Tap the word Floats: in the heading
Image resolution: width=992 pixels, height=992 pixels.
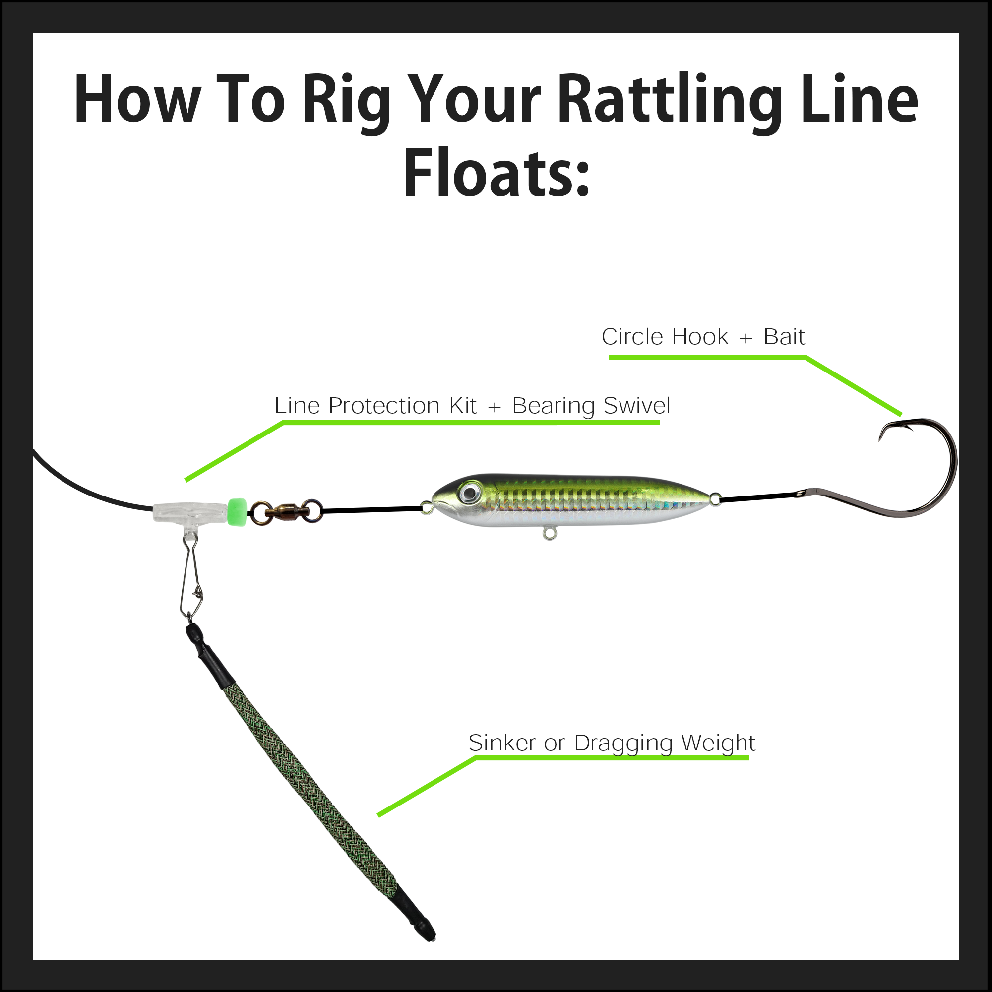(x=496, y=174)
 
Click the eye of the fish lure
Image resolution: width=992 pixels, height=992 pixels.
(x=469, y=493)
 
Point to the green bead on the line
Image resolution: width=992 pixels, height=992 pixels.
(x=237, y=511)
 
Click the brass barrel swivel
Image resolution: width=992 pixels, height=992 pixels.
(x=286, y=511)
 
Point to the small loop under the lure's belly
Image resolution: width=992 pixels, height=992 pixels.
(x=550, y=535)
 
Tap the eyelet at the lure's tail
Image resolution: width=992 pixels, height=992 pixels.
(x=715, y=497)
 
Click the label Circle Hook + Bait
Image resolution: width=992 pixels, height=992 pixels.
(x=703, y=337)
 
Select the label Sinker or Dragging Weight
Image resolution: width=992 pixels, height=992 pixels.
(x=612, y=743)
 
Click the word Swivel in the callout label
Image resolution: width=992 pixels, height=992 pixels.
(x=637, y=406)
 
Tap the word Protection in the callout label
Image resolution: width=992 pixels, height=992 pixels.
(x=384, y=406)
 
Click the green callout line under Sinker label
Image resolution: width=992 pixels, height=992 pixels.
(x=611, y=758)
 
